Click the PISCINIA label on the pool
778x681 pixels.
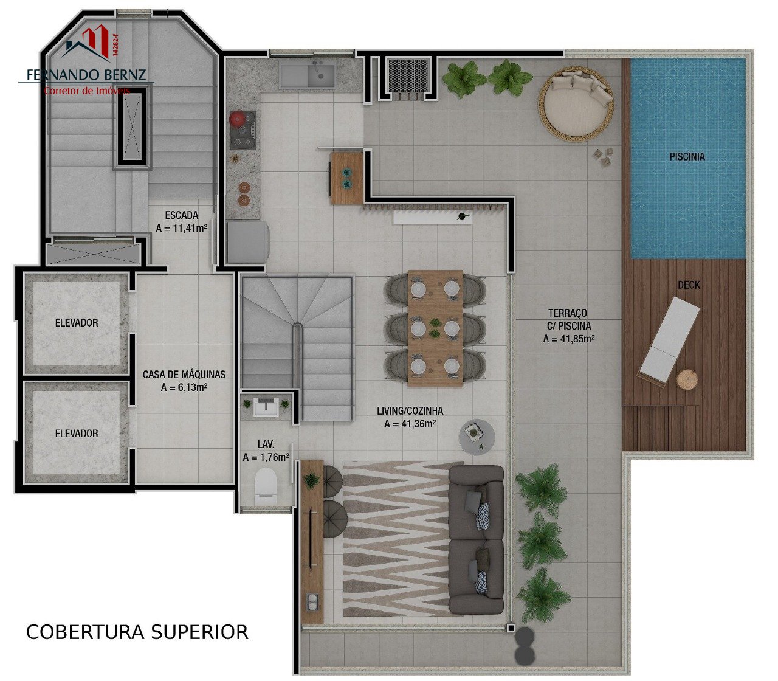click(x=687, y=156)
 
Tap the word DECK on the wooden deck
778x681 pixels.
click(x=689, y=285)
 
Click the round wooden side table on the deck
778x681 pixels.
click(x=687, y=379)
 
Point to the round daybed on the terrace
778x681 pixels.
click(x=576, y=104)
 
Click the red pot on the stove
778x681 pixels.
click(x=237, y=119)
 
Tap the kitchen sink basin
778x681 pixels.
click(x=321, y=76)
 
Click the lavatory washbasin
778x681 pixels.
click(x=266, y=406)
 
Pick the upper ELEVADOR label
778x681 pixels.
click(x=77, y=323)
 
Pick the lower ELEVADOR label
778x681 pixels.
click(x=77, y=434)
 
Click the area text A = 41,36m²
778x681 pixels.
click(x=410, y=424)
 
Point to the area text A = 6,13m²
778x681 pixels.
click(x=184, y=387)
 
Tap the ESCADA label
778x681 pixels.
click(x=181, y=215)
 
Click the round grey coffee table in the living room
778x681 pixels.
click(x=477, y=437)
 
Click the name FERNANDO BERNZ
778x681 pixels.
click(x=86, y=75)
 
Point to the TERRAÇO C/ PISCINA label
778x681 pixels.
click(x=568, y=326)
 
